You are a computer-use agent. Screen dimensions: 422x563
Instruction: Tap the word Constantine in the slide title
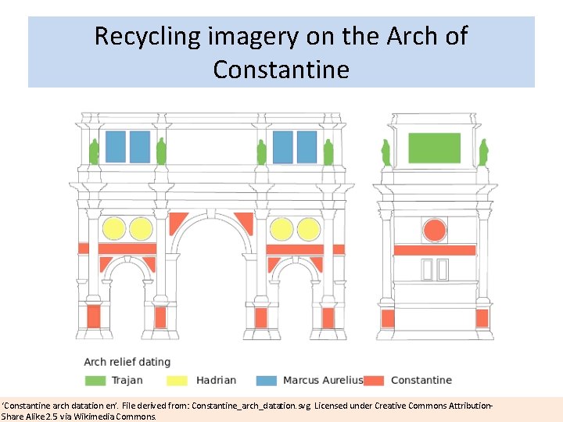click(x=281, y=70)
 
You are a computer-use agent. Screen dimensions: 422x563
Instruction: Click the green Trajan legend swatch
click(x=95, y=381)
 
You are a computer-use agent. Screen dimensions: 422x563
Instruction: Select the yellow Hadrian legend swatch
click(x=177, y=381)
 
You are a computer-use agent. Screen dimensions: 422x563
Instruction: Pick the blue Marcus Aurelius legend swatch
click(x=267, y=381)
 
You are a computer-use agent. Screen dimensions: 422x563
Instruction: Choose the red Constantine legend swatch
click(x=374, y=381)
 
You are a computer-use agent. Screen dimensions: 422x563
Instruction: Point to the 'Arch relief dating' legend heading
click(x=127, y=362)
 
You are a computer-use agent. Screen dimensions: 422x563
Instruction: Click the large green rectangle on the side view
click(x=435, y=148)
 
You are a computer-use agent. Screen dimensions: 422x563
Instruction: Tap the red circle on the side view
click(x=434, y=230)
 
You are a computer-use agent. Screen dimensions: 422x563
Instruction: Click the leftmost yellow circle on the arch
click(x=114, y=229)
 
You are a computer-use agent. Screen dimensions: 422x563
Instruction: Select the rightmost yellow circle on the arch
click(x=307, y=229)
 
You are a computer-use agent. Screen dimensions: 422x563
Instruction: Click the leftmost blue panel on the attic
click(x=115, y=146)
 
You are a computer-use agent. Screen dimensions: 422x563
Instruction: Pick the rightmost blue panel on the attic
click(x=307, y=146)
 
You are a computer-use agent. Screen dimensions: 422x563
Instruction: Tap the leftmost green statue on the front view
click(x=94, y=152)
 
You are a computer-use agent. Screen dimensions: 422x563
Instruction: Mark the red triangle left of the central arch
click(x=178, y=223)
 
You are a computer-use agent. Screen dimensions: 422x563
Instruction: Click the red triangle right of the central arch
click(x=245, y=223)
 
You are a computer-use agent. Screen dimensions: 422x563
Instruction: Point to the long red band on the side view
click(x=434, y=251)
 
